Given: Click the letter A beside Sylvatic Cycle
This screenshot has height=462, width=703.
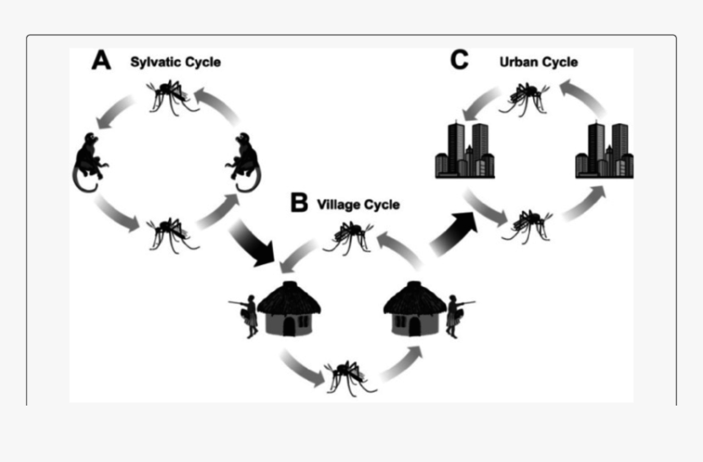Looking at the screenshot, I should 101,62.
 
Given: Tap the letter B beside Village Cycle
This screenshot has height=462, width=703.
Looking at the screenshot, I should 299,203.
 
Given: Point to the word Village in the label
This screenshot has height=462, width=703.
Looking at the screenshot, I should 338,204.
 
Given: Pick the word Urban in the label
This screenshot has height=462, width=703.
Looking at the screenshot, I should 517,62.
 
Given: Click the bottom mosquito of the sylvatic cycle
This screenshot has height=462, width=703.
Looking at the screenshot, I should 172,232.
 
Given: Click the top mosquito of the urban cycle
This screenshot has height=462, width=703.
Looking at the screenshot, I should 526,96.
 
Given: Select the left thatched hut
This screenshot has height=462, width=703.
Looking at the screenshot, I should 289,308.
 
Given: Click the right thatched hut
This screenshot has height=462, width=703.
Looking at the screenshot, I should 414,308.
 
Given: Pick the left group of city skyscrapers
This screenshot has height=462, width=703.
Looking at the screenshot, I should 464,150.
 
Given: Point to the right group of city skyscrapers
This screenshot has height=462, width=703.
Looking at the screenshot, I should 604,150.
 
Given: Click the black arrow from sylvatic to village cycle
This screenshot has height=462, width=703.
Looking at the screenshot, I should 254,244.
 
